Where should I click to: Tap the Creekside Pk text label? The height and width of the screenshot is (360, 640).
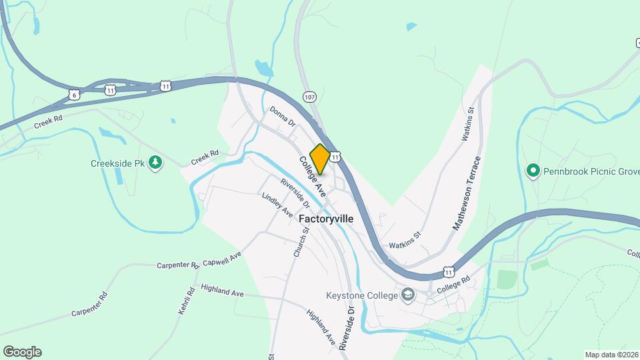[x=118, y=163]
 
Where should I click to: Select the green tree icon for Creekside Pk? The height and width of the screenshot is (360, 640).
[x=155, y=163]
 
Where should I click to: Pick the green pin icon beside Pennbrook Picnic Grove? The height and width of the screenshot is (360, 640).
[x=533, y=171]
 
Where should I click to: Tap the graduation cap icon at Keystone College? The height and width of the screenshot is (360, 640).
[x=407, y=295]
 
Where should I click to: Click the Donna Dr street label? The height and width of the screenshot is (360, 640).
[x=283, y=116]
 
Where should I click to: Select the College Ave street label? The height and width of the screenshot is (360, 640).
[x=312, y=177]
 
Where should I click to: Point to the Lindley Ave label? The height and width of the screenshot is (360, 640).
[x=277, y=205]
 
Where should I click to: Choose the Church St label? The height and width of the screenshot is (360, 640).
[x=301, y=242]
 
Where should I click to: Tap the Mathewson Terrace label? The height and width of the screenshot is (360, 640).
[x=467, y=194]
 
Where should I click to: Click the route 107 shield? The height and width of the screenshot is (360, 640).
[x=309, y=97]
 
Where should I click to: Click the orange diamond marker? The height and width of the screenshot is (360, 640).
[x=320, y=159]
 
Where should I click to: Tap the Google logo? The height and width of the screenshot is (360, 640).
[x=22, y=352]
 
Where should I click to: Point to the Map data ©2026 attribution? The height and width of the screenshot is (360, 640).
[x=610, y=355]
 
